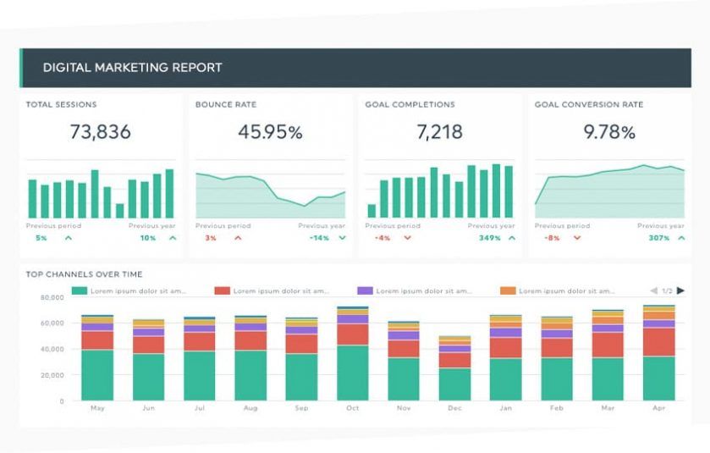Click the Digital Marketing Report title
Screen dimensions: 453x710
(133, 68)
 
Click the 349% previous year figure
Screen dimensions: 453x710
(489, 238)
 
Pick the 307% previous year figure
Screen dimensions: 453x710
(658, 238)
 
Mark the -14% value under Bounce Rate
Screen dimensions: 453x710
(319, 238)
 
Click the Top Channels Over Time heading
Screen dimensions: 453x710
(84, 274)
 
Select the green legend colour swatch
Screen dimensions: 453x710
(80, 290)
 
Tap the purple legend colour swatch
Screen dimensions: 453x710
(365, 290)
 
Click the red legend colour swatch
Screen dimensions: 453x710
(222, 290)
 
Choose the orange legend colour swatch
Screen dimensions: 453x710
(508, 290)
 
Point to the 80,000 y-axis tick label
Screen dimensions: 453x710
(52, 298)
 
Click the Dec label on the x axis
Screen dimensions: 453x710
(454, 408)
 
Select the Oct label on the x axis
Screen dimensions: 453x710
(352, 408)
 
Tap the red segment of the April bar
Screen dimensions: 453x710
(659, 342)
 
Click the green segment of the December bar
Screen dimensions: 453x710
(454, 384)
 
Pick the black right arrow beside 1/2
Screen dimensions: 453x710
(681, 290)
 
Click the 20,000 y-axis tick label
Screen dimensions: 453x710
(52, 375)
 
